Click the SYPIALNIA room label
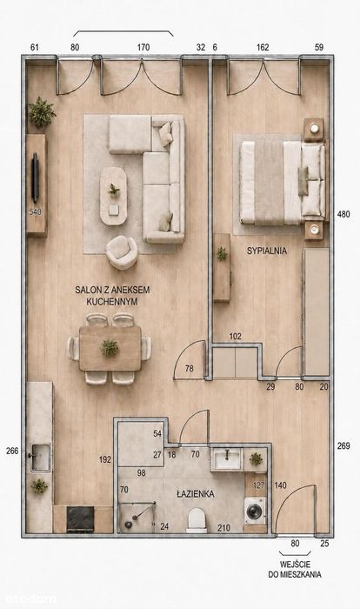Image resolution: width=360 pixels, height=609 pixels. [267, 251]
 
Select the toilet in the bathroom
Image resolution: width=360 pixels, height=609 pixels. [197, 520]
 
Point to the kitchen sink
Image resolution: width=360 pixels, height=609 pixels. [40, 457]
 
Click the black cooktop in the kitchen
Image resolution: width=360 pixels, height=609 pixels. [80, 519]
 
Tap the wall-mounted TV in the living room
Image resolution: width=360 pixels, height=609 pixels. [35, 177]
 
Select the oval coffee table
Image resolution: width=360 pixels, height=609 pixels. [113, 196]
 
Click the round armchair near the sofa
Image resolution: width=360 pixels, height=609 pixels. [122, 252]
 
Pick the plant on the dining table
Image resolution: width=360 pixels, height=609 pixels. [110, 348]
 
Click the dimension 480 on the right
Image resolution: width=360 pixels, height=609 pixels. [343, 214]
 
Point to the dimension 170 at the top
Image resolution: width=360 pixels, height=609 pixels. [143, 47]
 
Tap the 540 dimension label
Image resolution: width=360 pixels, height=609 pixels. [35, 212]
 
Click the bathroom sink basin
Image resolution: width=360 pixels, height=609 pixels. [227, 460]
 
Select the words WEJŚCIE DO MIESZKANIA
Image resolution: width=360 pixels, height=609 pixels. [295, 569]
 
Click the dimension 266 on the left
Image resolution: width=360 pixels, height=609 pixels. [12, 451]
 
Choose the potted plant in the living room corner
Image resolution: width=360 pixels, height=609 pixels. [41, 111]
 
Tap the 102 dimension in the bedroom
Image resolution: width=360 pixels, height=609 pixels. [236, 337]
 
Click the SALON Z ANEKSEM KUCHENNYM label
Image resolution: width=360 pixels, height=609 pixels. [112, 296]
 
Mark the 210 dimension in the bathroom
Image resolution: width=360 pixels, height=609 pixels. [223, 528]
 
